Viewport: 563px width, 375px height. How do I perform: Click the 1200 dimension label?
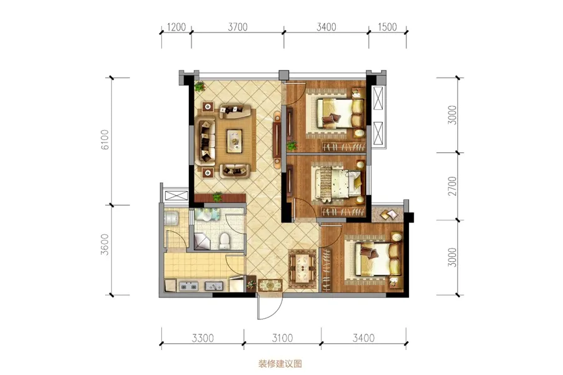[x=176, y=27]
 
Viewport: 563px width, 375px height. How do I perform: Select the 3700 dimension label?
[x=238, y=27]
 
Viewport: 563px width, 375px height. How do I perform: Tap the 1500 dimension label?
[x=387, y=27]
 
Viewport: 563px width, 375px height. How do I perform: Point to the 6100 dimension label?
[x=105, y=139]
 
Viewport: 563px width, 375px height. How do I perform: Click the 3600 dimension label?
[x=104, y=244]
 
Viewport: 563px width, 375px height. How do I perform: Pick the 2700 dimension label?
[x=453, y=186]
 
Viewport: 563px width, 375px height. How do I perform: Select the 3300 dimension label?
[x=203, y=338]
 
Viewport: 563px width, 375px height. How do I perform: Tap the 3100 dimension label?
[x=282, y=338]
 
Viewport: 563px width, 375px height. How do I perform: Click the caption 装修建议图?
[x=280, y=364]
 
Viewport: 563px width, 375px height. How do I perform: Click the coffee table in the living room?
[x=235, y=141]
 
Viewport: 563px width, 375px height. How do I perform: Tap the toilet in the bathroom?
[x=225, y=241]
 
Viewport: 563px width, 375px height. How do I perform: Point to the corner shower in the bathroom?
[x=203, y=241]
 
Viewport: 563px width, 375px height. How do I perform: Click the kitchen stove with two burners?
[x=188, y=286]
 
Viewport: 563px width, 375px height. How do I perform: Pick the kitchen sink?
[x=214, y=286]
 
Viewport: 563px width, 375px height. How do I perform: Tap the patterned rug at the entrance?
[x=270, y=285]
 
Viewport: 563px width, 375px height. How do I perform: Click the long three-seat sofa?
[x=206, y=141]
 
